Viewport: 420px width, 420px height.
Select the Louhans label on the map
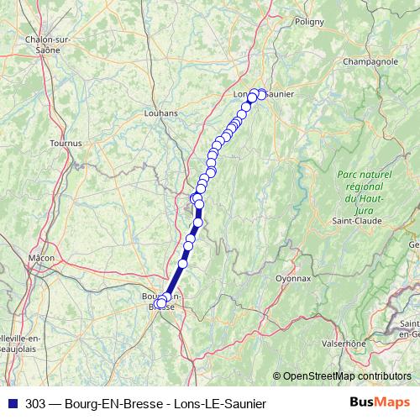[161, 112]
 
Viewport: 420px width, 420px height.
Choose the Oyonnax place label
[293, 278]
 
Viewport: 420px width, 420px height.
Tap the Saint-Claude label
[358, 221]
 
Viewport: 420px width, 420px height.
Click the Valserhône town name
[345, 343]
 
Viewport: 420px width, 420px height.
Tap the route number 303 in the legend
[35, 404]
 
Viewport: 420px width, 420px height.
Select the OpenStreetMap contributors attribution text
[346, 375]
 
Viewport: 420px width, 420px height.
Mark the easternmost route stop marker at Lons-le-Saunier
[261, 94]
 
